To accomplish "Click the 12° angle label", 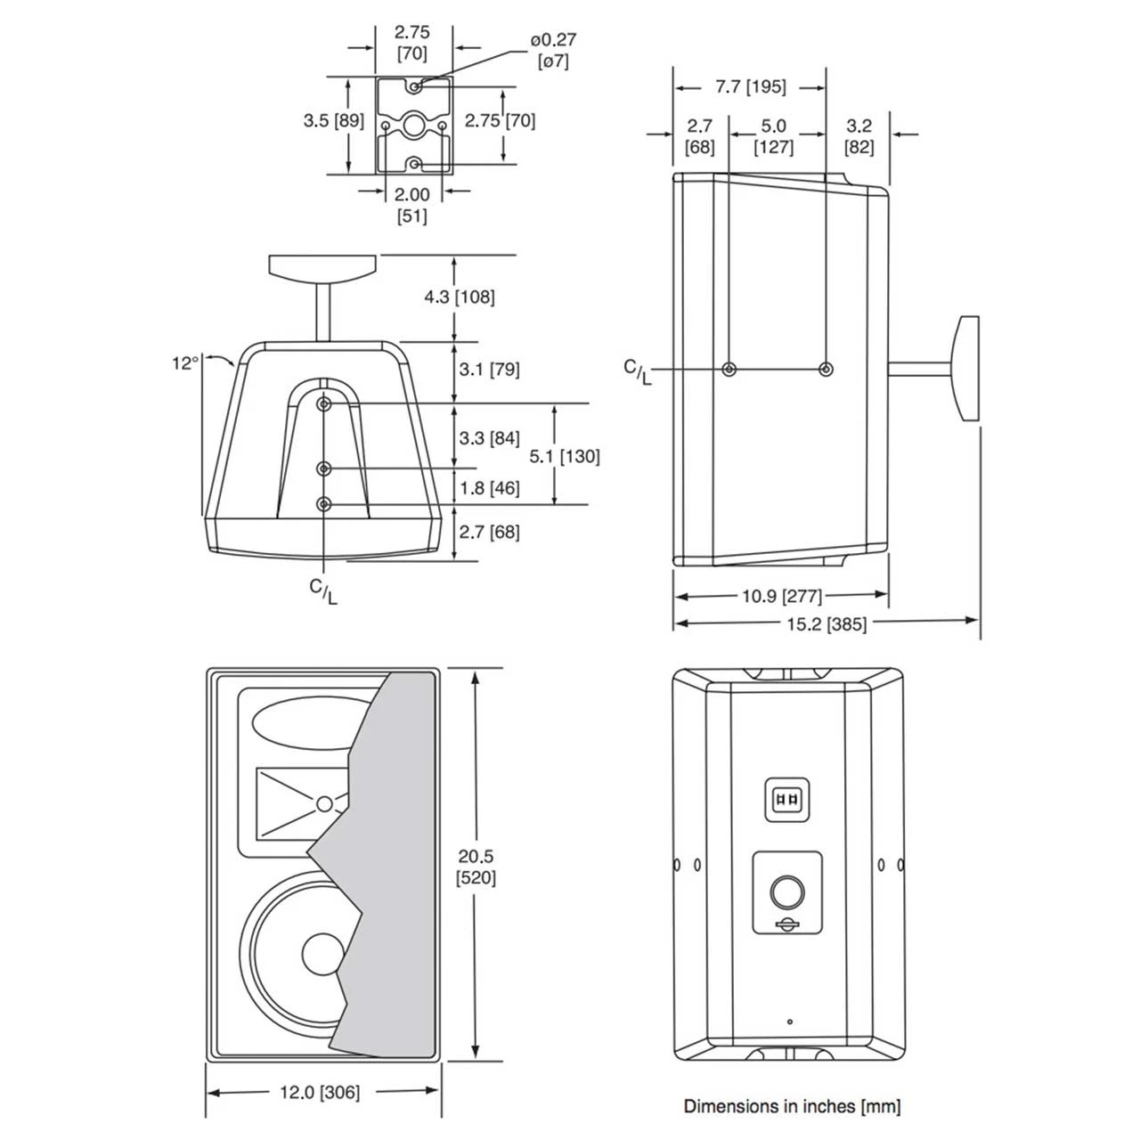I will click(x=184, y=363).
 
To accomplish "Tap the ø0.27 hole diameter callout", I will click(x=553, y=50).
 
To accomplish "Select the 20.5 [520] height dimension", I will click(x=477, y=867).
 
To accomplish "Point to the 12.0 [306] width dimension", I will click(x=322, y=1093).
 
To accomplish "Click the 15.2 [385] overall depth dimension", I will click(x=826, y=623).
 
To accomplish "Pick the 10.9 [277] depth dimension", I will click(x=781, y=596).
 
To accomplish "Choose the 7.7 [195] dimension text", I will click(x=750, y=87).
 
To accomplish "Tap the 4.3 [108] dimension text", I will click(x=459, y=297).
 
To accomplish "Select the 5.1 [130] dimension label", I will click(x=564, y=456).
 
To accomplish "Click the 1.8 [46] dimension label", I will click(x=490, y=488).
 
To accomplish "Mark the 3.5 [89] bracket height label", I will click(x=333, y=120).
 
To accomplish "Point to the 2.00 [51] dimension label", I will click(x=411, y=205).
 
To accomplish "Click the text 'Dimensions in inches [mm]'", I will click(x=792, y=1106).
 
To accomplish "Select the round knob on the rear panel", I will click(x=787, y=892).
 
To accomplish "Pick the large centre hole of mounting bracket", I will click(x=414, y=125).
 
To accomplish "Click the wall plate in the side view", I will click(x=966, y=368).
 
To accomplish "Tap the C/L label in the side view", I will click(x=637, y=371).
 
